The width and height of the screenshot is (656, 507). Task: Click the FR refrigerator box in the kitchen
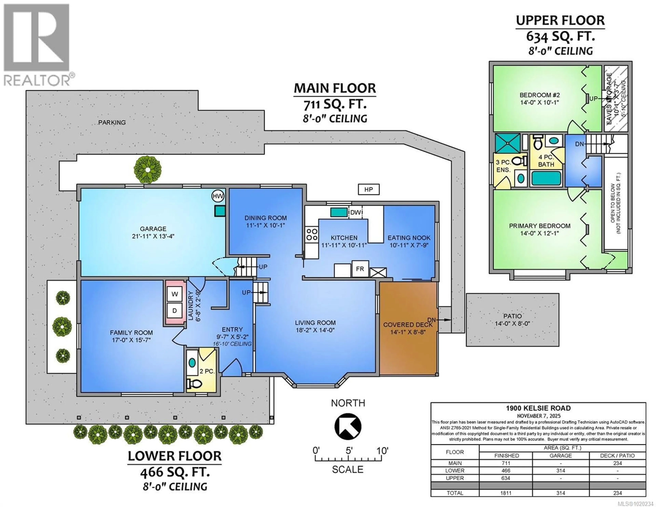pos(360,269)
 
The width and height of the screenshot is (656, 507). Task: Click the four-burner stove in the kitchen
pos(312,234)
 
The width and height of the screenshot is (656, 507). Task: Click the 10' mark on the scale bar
pos(382,451)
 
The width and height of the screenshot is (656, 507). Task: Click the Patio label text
pos(512,316)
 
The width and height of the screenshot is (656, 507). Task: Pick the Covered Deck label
pos(408,325)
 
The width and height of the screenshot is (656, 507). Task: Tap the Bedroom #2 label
pos(539,95)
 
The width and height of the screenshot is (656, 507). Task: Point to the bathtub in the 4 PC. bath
pos(546,178)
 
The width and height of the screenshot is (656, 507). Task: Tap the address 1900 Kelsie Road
pos(538,408)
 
